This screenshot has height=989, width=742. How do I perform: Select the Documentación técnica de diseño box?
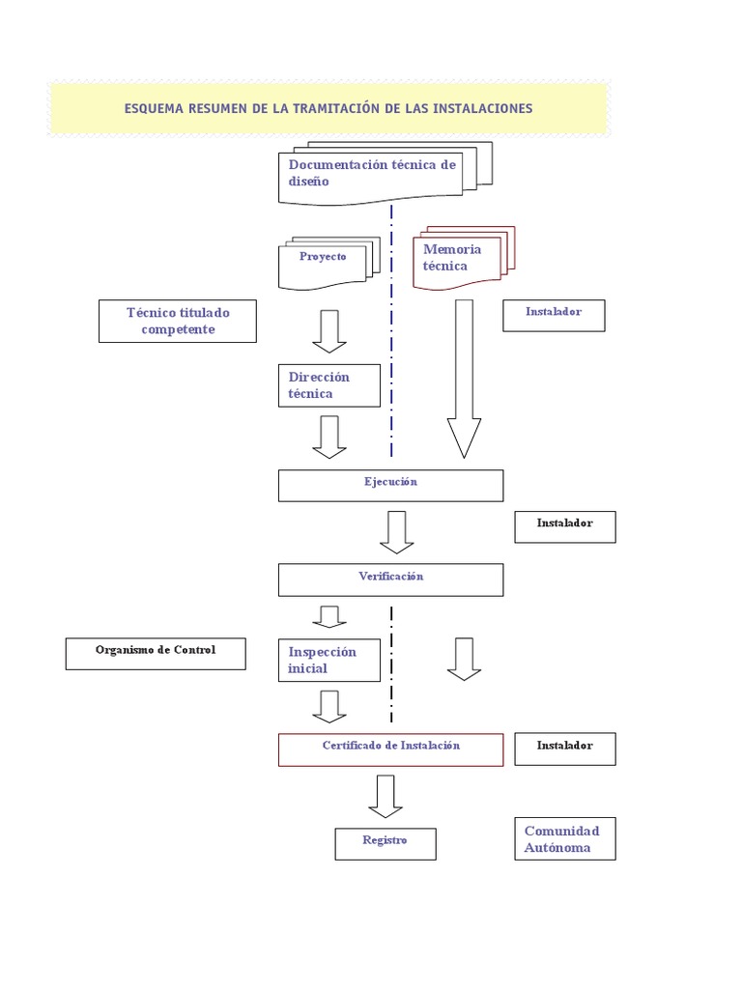pos(377,174)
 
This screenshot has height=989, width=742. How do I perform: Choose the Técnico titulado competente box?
pos(178,321)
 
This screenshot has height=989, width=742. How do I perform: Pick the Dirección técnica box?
pos(329,385)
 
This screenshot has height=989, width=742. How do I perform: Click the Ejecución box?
pos(390,485)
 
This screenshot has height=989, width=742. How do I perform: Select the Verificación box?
pos(390,579)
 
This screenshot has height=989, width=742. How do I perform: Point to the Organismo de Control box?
pos(156,654)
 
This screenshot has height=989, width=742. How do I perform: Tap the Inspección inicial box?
pos(329,661)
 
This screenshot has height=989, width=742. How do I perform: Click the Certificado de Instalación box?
pos(390,749)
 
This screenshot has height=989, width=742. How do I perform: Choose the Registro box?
pos(385,843)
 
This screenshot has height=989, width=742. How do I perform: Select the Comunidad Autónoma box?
pos(564,839)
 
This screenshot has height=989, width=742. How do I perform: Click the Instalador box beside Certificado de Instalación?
pos(564,749)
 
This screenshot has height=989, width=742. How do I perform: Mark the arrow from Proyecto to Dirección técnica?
pos(329,331)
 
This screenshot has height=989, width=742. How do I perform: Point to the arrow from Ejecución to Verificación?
pos(397,532)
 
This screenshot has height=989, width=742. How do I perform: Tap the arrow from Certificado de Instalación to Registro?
pos(385,796)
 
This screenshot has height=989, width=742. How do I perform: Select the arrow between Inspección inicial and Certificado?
pos(329,706)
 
